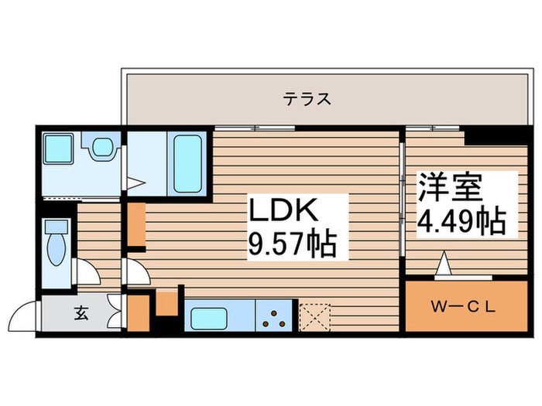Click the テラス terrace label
(x=307, y=98)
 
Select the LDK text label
(x=283, y=211)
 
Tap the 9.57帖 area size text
(x=290, y=245)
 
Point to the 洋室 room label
(x=451, y=187)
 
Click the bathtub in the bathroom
(x=187, y=163)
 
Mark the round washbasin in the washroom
(x=101, y=147)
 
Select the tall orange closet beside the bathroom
(x=136, y=224)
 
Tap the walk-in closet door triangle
(x=445, y=266)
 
